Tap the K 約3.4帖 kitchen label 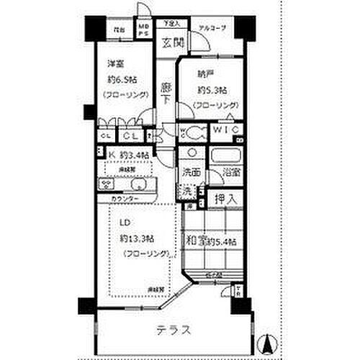click(x=129, y=155)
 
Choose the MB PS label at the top click(x=144, y=30)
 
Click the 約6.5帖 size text click(x=124, y=80)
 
